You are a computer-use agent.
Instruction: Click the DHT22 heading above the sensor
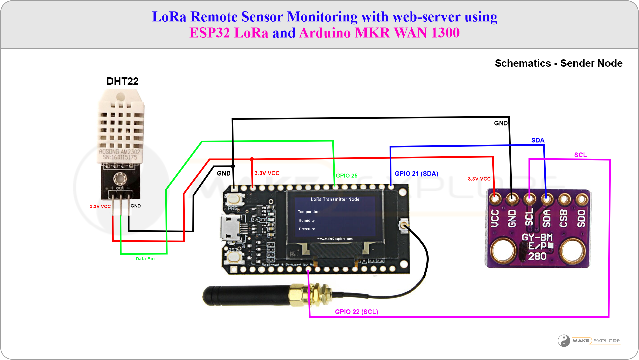point(122,81)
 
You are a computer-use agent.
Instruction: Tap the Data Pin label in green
point(145,259)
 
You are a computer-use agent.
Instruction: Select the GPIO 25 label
point(346,176)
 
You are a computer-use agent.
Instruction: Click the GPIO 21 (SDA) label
point(416,174)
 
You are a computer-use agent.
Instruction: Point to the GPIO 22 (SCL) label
point(356,312)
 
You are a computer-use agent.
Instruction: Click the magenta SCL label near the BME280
point(580,155)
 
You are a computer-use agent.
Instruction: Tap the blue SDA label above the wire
point(537,140)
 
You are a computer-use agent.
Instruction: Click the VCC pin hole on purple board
point(495,199)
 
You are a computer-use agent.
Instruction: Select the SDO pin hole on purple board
point(581,199)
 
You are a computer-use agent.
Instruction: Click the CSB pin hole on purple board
point(564,199)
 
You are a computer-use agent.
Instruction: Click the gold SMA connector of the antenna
point(301,294)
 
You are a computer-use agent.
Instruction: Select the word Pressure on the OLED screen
point(307,229)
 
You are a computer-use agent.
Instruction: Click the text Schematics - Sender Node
point(558,63)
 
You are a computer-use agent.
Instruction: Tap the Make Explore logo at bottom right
point(589,341)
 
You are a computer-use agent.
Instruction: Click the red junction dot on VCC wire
point(252,159)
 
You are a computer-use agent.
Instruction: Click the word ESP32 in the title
point(210,33)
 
